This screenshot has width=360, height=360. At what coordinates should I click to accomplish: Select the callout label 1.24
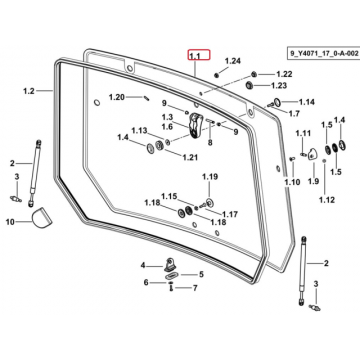[232, 61]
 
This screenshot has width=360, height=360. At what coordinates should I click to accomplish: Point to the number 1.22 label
[284, 74]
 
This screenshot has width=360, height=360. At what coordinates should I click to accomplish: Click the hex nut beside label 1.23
[249, 85]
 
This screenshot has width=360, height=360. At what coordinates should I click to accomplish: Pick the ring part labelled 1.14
[277, 101]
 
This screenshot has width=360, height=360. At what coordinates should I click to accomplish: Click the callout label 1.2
[29, 91]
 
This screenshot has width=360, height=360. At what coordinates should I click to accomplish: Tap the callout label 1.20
[117, 97]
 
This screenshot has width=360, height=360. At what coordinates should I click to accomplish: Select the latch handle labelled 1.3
[195, 124]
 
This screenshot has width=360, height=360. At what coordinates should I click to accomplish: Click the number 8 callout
[210, 143]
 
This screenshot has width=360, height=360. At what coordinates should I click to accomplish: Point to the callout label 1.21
[190, 157]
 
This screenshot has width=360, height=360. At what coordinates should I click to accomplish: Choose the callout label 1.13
[139, 130]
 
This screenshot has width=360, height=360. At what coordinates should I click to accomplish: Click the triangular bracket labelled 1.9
[313, 155]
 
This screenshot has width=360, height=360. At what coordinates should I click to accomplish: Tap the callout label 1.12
[327, 200]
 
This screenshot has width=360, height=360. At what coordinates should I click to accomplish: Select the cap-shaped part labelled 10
[41, 218]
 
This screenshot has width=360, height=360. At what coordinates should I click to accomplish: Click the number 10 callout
[10, 221]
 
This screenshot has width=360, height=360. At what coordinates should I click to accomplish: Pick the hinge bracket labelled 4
[169, 264]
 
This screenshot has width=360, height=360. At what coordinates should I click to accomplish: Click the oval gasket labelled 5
[172, 275]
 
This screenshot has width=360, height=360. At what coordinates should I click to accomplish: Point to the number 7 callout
[195, 287]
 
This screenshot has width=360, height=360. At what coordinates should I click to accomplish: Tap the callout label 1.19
[209, 177]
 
